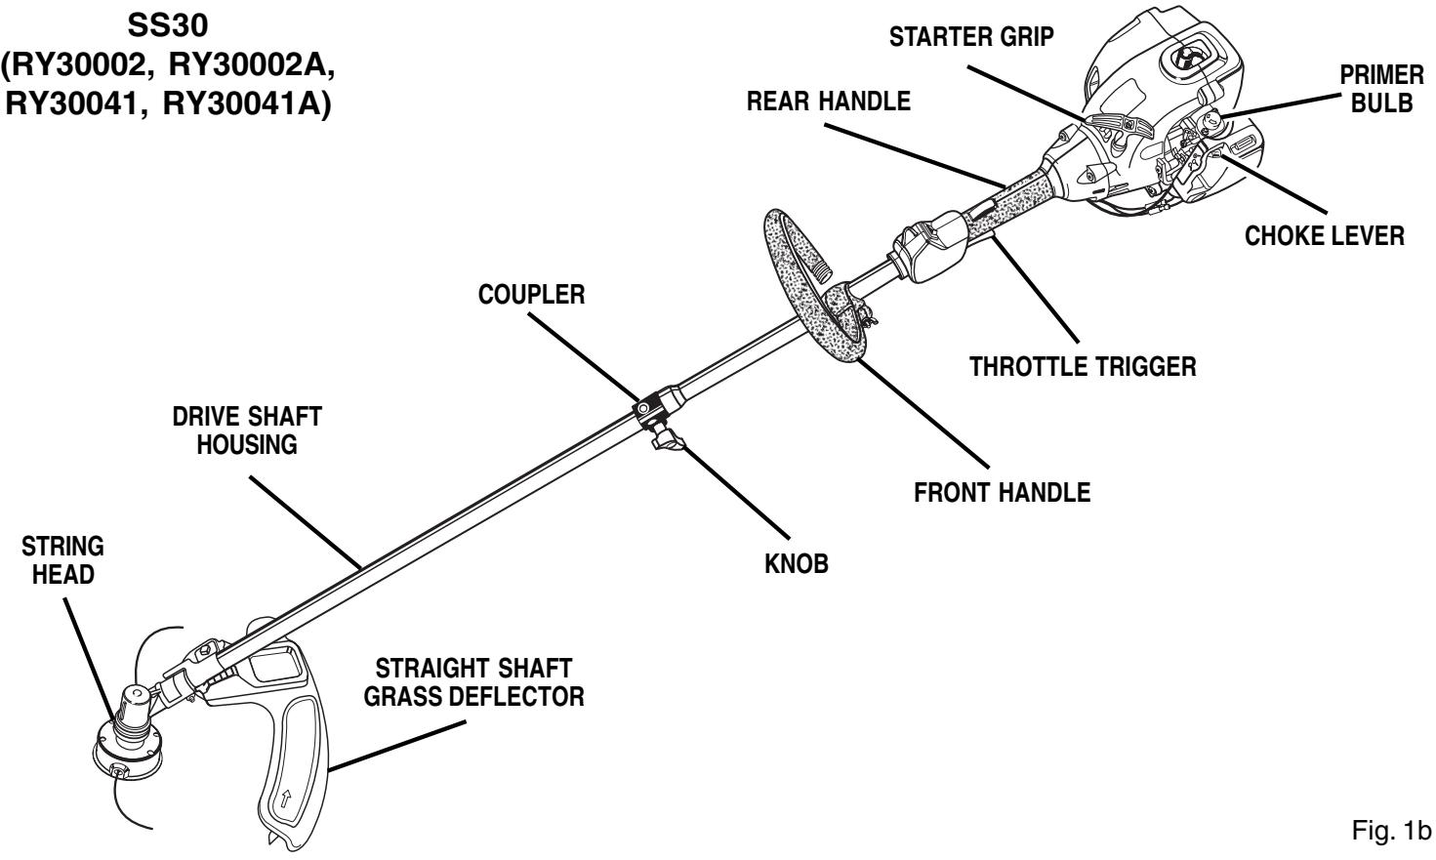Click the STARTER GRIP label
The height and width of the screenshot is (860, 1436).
click(971, 37)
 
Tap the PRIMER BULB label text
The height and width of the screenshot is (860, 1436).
click(1382, 89)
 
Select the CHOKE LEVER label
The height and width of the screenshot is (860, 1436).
click(1325, 236)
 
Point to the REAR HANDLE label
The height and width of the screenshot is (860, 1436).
click(828, 102)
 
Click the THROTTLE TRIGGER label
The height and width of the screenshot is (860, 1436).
click(1083, 367)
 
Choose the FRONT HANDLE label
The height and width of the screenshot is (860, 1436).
click(1002, 492)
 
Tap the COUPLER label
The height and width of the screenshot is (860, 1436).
click(531, 295)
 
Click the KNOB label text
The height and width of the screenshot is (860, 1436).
click(797, 564)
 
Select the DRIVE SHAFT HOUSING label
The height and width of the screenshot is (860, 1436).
click(247, 430)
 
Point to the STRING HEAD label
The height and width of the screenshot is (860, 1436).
click(62, 560)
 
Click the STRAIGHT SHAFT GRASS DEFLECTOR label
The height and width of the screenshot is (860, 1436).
click(473, 682)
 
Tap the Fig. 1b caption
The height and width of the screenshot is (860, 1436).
click(1392, 831)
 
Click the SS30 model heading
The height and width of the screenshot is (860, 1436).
click(168, 26)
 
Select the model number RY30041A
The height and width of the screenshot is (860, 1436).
click(247, 104)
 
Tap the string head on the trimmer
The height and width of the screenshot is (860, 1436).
click(128, 737)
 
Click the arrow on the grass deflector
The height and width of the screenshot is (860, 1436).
click(286, 799)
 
